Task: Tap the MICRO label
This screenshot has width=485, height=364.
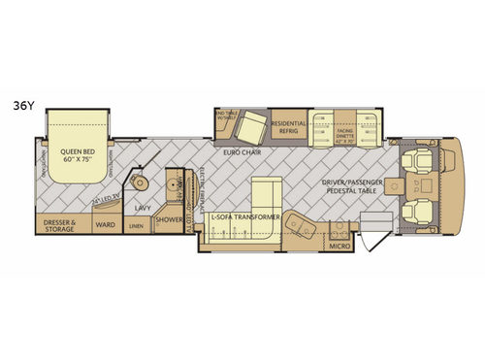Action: pos(339,246)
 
